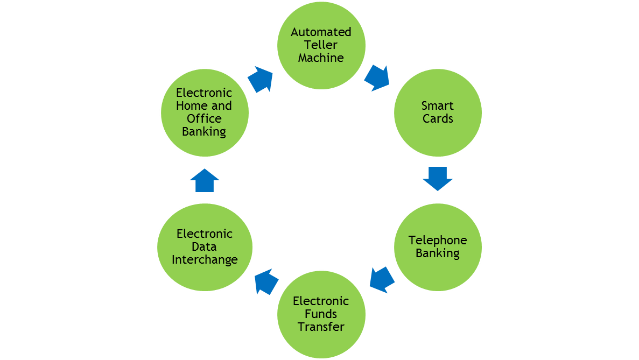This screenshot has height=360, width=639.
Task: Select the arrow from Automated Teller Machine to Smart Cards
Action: (x=377, y=78)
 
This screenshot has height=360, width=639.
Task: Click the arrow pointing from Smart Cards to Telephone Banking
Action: (x=437, y=178)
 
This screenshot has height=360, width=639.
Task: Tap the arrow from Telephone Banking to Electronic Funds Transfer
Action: (x=382, y=279)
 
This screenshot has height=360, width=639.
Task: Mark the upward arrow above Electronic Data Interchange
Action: (x=205, y=180)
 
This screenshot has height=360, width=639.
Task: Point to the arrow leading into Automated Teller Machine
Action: (x=261, y=80)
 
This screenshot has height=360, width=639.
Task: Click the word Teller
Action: (x=321, y=45)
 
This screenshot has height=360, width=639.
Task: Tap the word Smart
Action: (x=438, y=105)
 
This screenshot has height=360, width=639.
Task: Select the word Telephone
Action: (x=438, y=240)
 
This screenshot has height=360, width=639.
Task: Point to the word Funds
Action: (x=321, y=314)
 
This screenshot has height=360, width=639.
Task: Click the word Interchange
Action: (x=205, y=259)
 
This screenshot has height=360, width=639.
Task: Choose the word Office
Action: (x=205, y=118)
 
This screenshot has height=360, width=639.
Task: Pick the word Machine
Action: (x=321, y=58)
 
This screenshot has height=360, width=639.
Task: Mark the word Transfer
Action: (x=321, y=327)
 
